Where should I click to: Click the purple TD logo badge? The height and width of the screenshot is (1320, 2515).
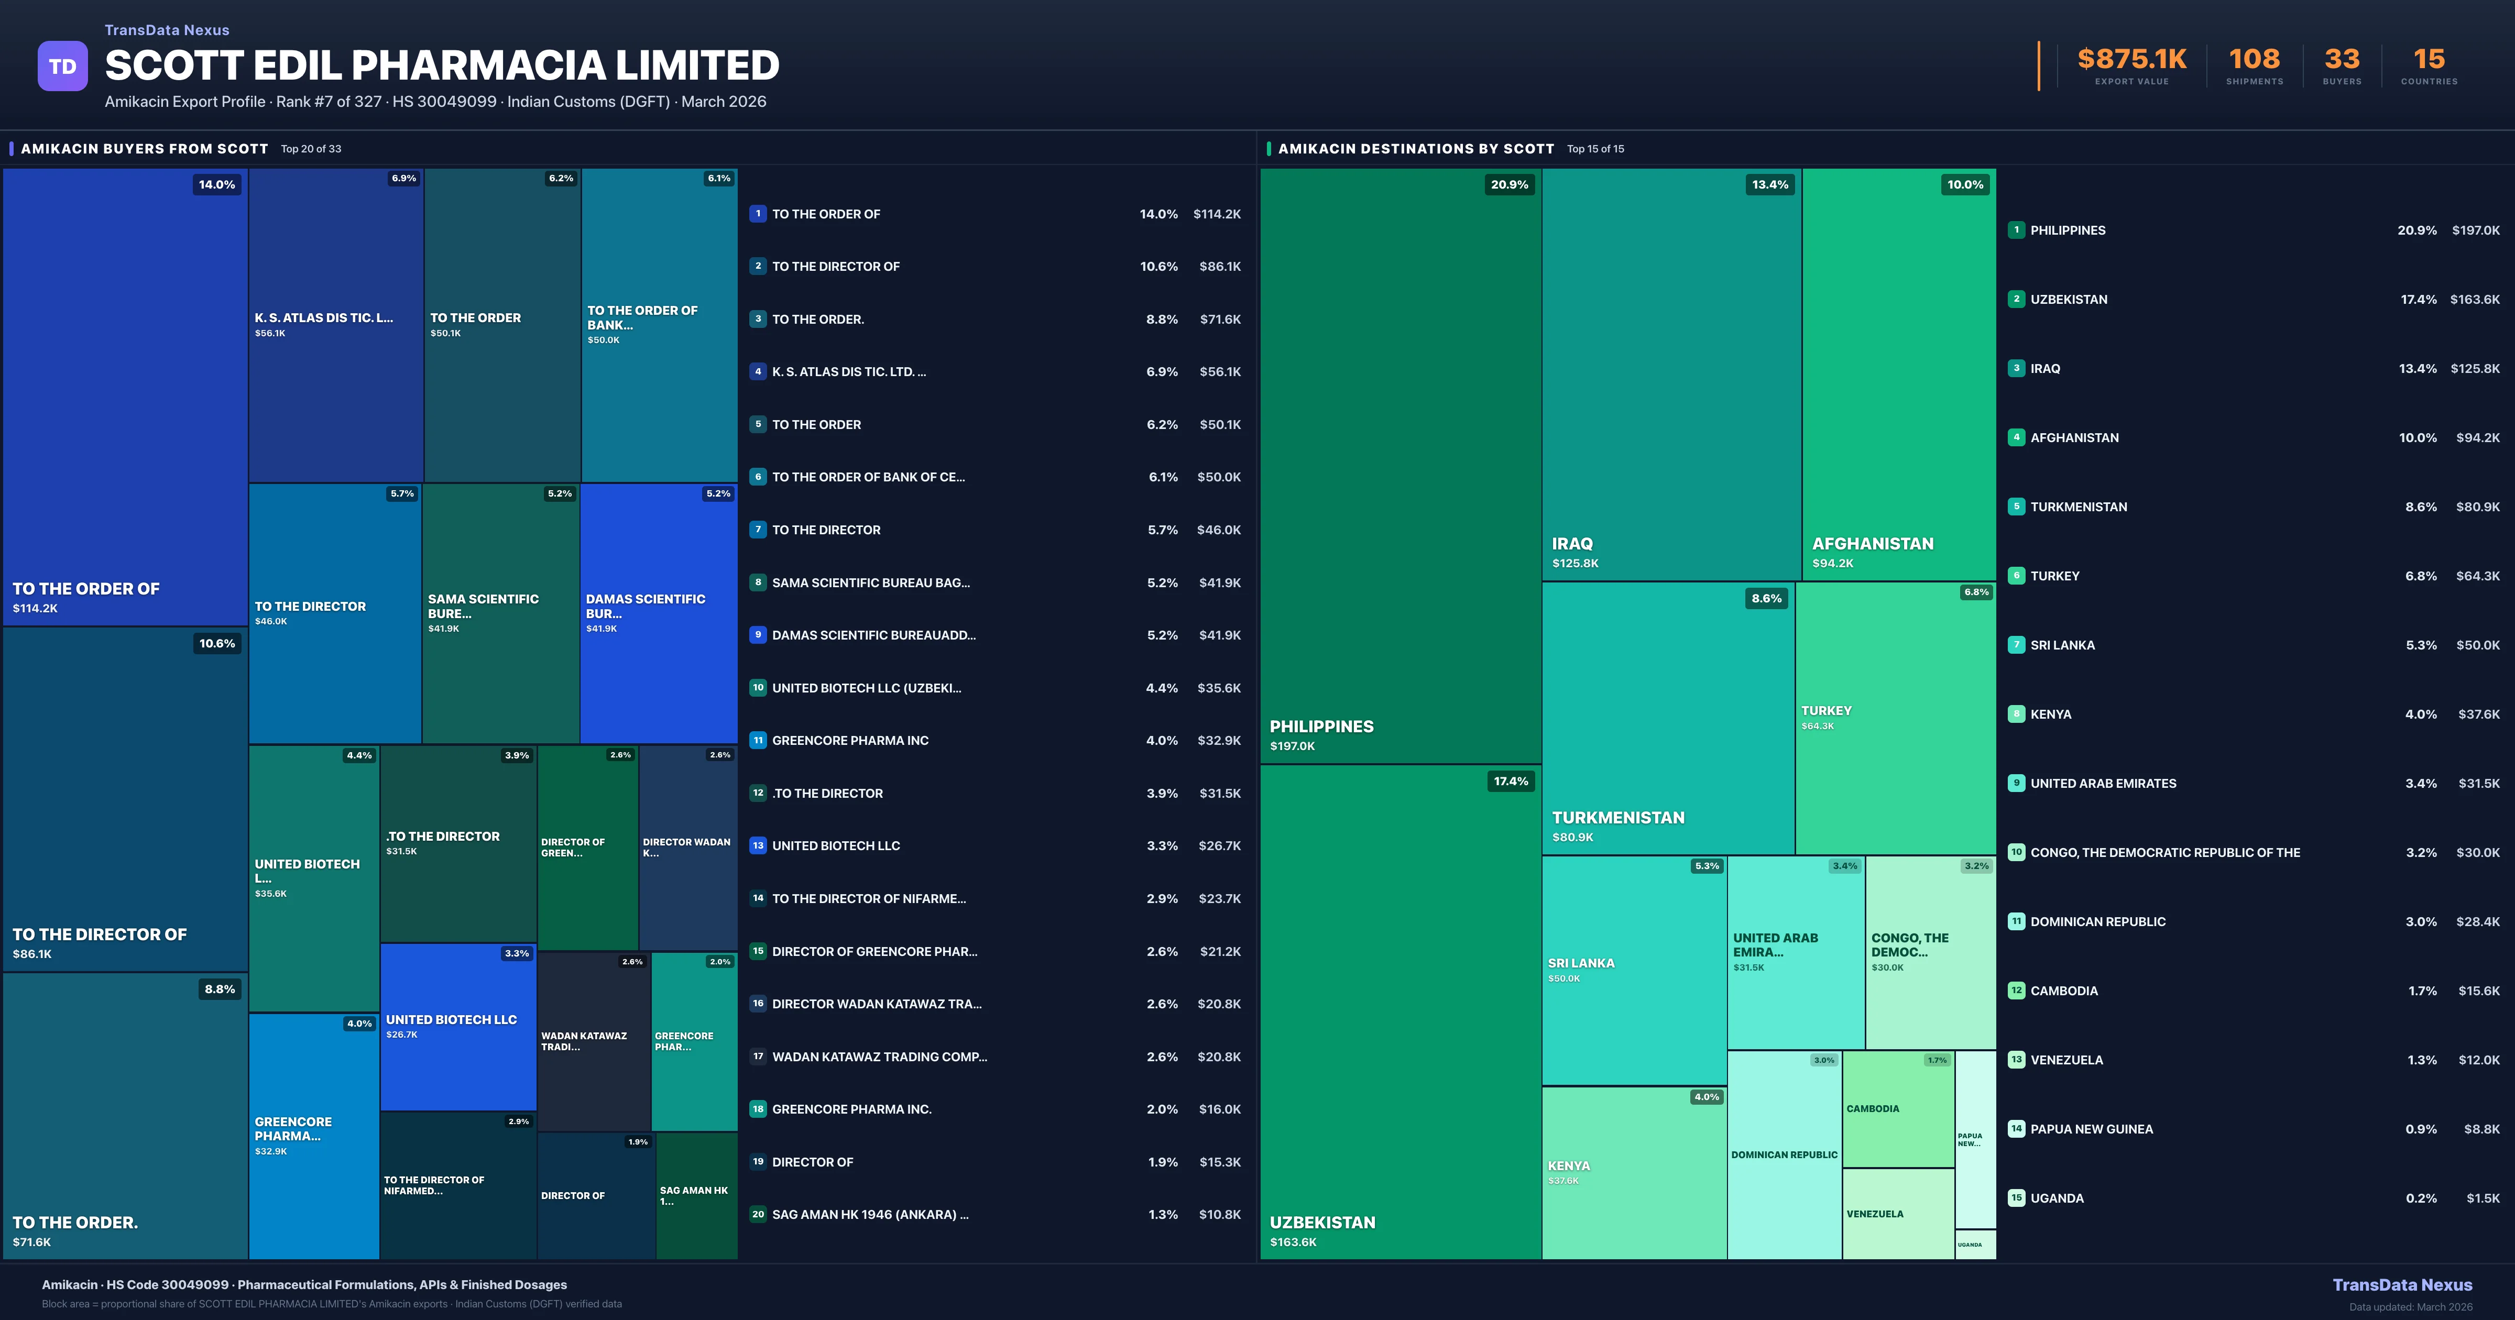[x=62, y=67]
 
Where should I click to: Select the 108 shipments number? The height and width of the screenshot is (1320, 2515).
[x=2254, y=60]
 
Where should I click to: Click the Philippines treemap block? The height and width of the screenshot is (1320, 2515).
[x=1400, y=466]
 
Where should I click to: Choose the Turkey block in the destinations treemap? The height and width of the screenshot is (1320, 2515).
[x=1895, y=718]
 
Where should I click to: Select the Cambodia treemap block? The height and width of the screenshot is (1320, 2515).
[x=1897, y=1109]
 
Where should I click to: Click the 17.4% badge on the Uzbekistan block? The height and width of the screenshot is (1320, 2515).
[x=1511, y=781]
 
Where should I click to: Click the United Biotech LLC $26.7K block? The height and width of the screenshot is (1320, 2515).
[x=458, y=1026]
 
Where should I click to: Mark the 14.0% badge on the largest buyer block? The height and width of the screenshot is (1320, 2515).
[x=217, y=184]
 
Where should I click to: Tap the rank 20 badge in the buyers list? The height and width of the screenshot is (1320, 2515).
[x=758, y=1215]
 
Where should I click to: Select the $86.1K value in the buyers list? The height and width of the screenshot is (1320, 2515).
[x=1219, y=267]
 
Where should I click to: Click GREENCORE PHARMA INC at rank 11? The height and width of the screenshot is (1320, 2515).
[x=849, y=740]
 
